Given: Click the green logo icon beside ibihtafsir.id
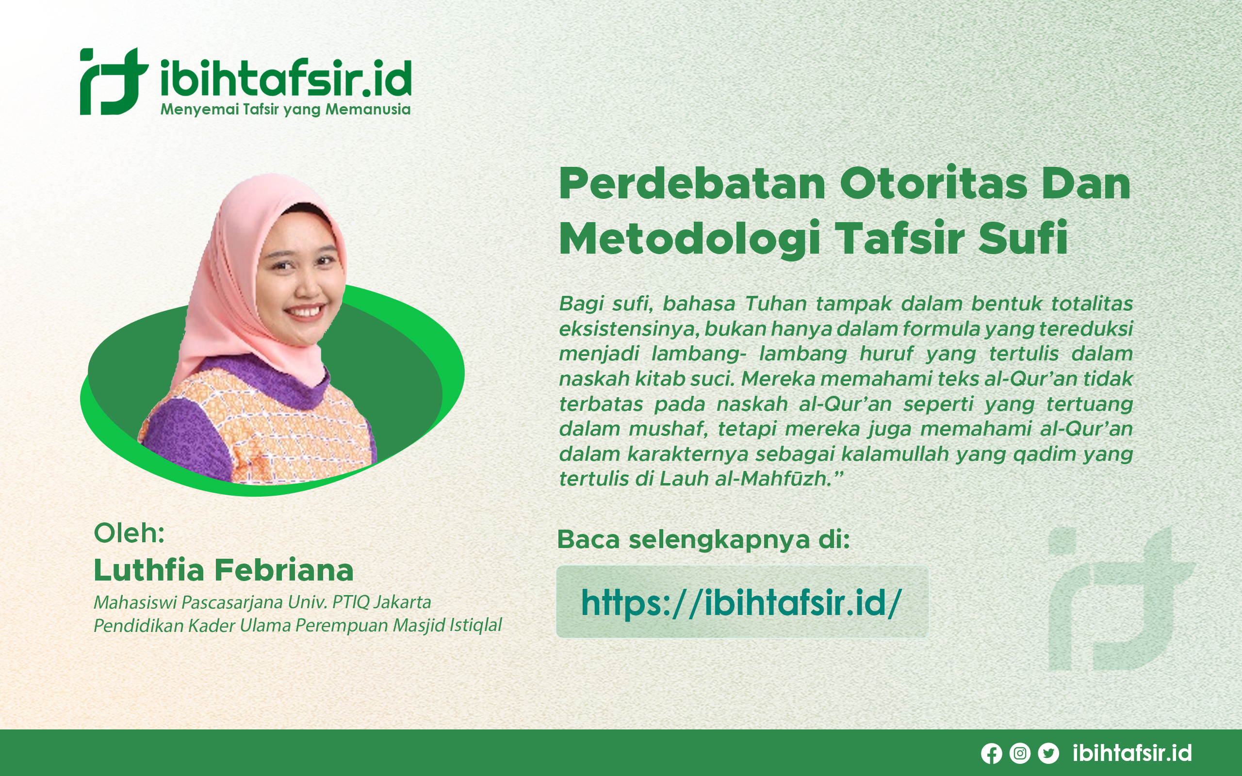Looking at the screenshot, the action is [x=114, y=81].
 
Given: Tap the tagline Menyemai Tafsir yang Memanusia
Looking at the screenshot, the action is [x=285, y=110].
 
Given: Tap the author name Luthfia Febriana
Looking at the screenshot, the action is [x=224, y=570].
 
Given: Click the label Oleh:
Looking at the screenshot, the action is [x=129, y=533].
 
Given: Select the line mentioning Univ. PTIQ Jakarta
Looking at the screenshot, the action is [x=262, y=602].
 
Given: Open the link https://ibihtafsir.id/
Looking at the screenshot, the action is [x=741, y=602].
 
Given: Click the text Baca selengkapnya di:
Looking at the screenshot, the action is [x=703, y=539].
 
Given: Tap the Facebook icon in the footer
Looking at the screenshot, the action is [x=992, y=753].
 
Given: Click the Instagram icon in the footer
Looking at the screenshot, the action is [x=1020, y=753].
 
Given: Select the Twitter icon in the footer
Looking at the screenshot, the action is [x=1048, y=753].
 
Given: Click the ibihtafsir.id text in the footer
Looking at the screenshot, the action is [x=1132, y=753].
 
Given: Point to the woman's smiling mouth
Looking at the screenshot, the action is [x=305, y=311].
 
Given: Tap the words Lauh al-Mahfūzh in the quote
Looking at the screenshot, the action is [x=745, y=479].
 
